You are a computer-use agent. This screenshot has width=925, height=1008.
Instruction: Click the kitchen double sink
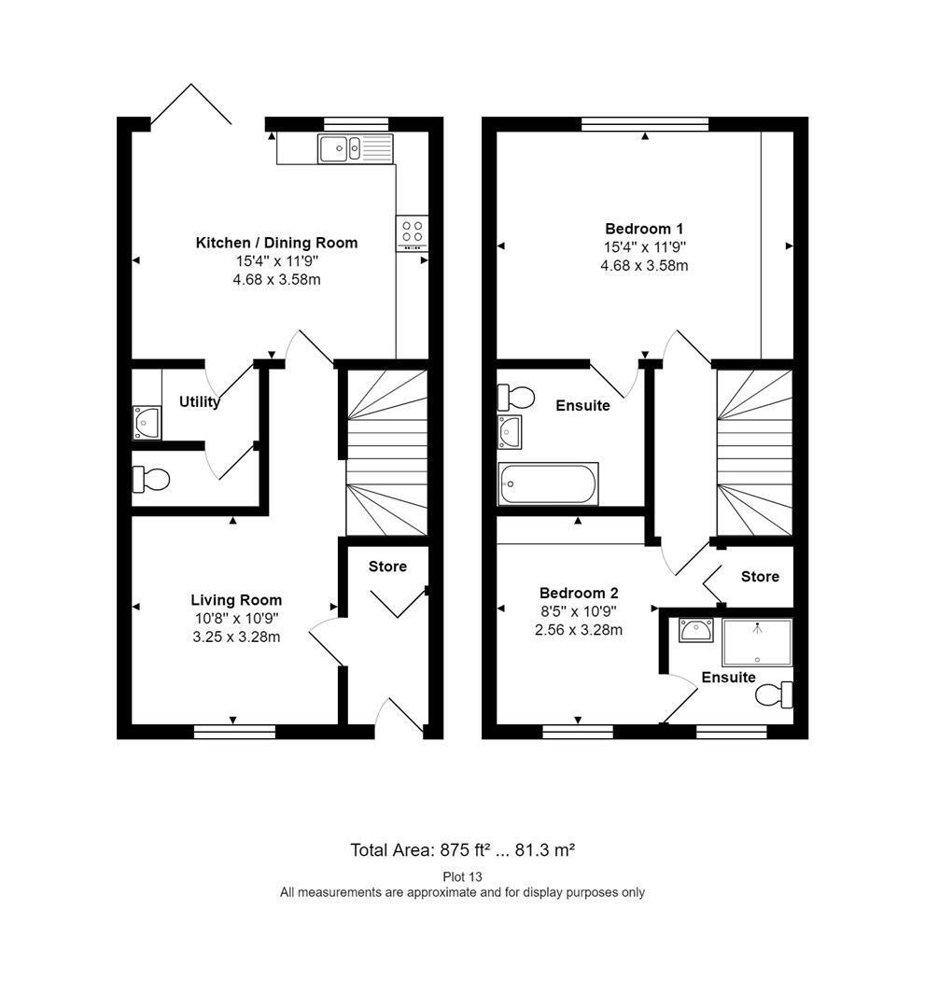pos(355,148)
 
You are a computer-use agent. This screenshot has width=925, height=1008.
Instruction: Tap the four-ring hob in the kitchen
pos(412,232)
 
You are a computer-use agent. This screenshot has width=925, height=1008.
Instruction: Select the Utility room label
pos(199,401)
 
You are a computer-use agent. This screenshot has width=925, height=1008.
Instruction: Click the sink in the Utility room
pos(147,423)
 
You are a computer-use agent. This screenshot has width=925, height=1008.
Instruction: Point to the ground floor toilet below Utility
pos(151,479)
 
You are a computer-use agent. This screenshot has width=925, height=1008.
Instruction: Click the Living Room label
pos(236,600)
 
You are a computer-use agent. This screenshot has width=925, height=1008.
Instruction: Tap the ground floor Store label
pos(387,567)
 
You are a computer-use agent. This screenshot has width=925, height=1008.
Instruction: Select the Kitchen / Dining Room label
pos(276,243)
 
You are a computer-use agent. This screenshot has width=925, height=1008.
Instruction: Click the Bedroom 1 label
pos(644,229)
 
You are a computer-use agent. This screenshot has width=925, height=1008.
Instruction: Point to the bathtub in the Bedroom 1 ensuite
pos(548,483)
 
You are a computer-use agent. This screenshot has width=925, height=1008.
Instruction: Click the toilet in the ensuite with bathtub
pos(516,397)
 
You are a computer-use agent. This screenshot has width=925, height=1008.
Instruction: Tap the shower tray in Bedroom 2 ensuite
pos(757,642)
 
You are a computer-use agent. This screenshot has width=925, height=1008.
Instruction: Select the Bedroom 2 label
pos(579,593)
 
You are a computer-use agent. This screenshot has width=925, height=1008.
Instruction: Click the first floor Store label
pos(760,577)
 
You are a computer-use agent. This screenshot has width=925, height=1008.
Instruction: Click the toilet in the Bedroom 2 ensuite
pos(774,694)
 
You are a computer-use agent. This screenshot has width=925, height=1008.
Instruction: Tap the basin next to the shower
pos(696,630)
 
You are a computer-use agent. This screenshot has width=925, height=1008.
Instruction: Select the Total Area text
pos(462,850)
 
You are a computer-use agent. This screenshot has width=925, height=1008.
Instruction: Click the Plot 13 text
pos(462,876)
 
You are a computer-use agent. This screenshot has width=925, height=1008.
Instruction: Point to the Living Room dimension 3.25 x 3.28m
pos(236,637)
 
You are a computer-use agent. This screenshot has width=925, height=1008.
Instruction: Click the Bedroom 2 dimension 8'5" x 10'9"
pos(579,611)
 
